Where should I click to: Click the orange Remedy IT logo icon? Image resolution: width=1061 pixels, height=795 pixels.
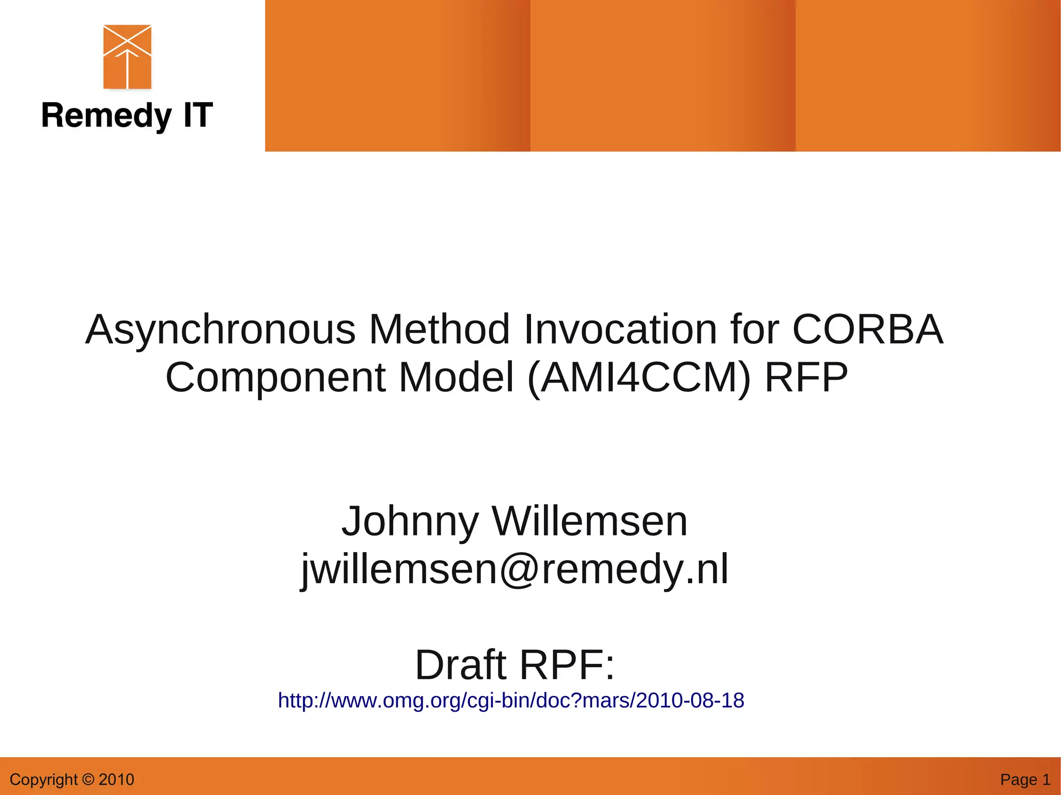(127, 57)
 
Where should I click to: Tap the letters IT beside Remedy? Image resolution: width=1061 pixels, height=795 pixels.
(197, 115)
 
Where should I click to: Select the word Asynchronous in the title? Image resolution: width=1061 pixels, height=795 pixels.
(220, 330)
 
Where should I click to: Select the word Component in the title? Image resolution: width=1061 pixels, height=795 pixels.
(275, 378)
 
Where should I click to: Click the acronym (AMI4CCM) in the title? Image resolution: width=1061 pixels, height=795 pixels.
(639, 378)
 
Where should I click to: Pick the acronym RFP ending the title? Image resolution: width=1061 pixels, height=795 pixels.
(806, 378)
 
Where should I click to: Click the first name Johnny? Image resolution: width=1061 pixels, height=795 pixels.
(410, 521)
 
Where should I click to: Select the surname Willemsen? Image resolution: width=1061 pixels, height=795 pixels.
(590, 521)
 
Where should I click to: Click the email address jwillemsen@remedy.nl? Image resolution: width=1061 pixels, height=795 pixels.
(514, 569)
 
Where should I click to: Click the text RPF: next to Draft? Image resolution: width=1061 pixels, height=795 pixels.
(567, 665)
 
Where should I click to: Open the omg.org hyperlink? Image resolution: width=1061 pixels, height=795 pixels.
(511, 700)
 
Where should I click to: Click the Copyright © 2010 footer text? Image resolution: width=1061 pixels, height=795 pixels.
(71, 779)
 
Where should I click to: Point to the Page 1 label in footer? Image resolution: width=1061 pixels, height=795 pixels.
(1025, 779)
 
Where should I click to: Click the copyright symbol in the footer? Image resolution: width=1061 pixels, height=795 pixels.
(88, 779)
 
